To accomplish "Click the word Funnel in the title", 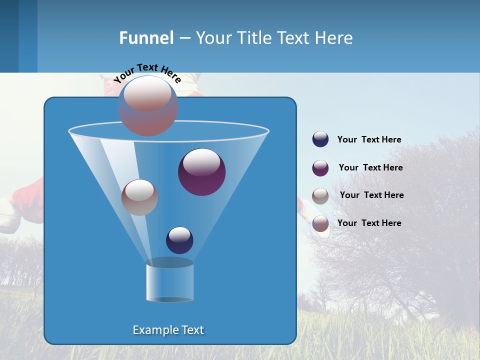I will click(x=146, y=38).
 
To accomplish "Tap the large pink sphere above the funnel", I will click(x=148, y=106).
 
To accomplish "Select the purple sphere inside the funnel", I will click(x=202, y=172).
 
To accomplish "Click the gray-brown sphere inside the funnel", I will click(x=139, y=197).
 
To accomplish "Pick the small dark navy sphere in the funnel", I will click(x=179, y=240).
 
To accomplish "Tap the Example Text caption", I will click(x=168, y=330).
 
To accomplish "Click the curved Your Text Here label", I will click(x=147, y=72).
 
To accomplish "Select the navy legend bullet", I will click(x=320, y=139).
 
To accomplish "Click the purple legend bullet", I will click(x=320, y=168).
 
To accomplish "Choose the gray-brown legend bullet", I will click(x=320, y=196).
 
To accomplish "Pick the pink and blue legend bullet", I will click(x=320, y=223).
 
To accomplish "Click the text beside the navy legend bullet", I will click(x=369, y=139).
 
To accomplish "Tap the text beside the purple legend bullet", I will click(x=370, y=167).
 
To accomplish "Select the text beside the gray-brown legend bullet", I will click(x=371, y=195).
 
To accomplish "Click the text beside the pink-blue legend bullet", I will click(x=369, y=223).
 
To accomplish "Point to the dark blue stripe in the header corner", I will click(x=9, y=36).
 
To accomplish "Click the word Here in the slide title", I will click(x=334, y=38).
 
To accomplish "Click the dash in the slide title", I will click(x=184, y=38).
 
